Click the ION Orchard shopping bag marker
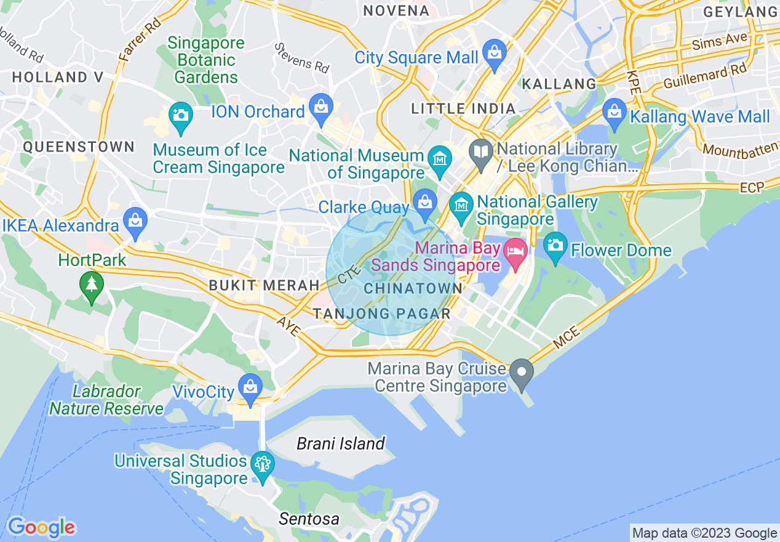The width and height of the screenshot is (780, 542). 320,106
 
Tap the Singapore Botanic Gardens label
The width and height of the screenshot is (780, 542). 206,60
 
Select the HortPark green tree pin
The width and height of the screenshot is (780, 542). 92,285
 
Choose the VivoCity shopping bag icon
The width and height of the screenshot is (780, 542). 250,387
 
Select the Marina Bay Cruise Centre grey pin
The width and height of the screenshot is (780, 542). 522,372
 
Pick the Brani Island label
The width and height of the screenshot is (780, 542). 340,443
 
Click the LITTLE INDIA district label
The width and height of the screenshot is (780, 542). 464,109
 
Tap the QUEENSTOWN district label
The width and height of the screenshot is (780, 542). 79,147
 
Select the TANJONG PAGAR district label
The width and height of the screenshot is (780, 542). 381,313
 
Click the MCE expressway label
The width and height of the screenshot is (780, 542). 566,339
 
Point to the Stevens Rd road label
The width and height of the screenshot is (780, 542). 302,57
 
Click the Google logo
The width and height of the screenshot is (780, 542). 41,527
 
